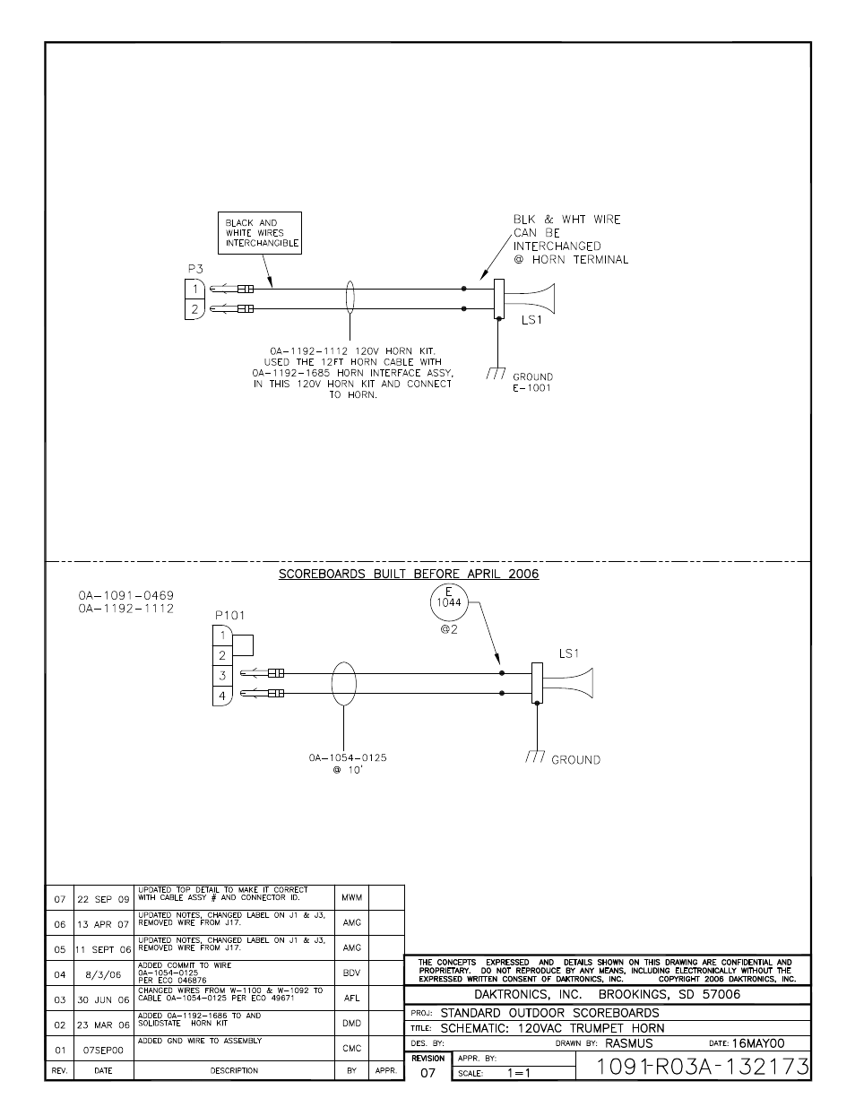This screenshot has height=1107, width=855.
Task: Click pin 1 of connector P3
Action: (194, 289)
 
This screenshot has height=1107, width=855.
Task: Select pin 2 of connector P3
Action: (194, 309)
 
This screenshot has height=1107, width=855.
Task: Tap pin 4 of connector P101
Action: (221, 696)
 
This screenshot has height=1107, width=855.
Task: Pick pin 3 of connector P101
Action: (221, 675)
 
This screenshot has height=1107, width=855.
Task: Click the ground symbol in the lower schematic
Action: (535, 757)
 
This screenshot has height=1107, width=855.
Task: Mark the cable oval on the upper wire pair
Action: (350, 298)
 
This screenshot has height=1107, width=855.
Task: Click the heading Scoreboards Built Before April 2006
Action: (409, 574)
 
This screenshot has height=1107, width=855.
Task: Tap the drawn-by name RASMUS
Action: (628, 1043)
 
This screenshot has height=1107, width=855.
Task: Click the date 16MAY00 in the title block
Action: (757, 1043)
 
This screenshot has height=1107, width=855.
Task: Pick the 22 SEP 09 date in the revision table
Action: (103, 898)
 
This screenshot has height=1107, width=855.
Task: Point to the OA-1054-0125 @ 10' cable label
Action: (348, 764)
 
